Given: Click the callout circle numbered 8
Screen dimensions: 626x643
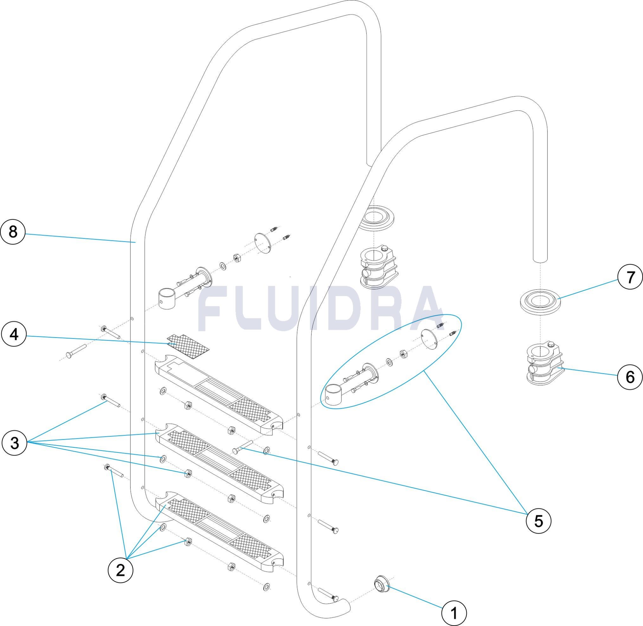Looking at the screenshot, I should click(13, 232).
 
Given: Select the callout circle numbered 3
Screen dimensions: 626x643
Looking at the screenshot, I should click(14, 443).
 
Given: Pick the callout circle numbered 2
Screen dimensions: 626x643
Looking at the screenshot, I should click(121, 570).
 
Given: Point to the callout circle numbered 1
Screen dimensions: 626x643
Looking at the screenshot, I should click(454, 613).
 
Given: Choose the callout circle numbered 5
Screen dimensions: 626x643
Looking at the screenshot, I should click(539, 521).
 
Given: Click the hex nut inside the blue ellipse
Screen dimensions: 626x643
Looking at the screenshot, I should click(403, 354).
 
